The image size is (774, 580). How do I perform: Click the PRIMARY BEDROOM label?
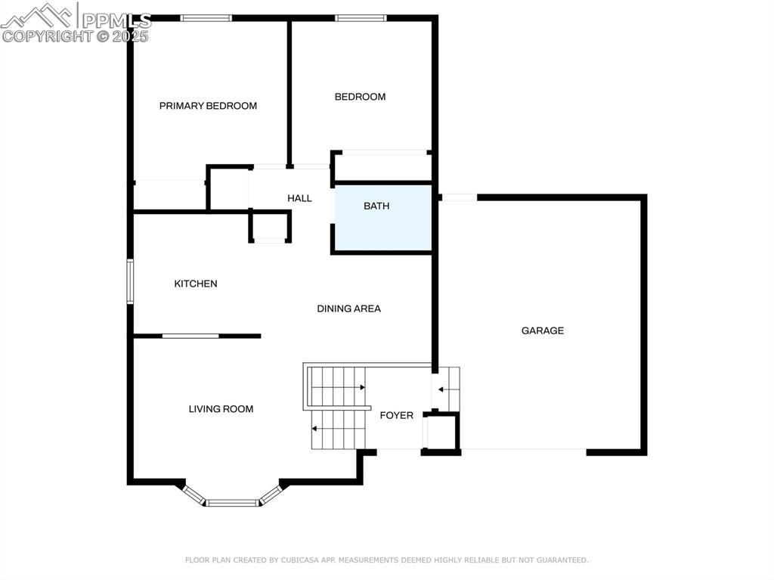pyautogui.click(x=208, y=106)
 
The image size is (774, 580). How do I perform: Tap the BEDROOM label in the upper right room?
pyautogui.click(x=360, y=97)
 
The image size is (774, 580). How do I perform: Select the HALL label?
pyautogui.click(x=299, y=198)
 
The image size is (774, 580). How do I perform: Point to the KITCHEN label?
pyautogui.click(x=196, y=284)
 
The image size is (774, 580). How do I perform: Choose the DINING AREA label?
pyautogui.click(x=348, y=309)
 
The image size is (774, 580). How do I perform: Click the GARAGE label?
pyautogui.click(x=542, y=330)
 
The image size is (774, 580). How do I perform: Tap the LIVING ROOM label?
pyautogui.click(x=221, y=409)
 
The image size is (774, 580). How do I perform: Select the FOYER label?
pyautogui.click(x=396, y=415)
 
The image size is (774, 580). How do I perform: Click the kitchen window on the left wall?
pyautogui.click(x=130, y=281)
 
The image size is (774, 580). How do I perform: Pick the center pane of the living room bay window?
pyautogui.click(x=234, y=502)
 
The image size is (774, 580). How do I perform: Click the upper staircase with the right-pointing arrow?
pyautogui.click(x=337, y=386)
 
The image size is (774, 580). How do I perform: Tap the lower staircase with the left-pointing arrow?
pyautogui.click(x=339, y=430)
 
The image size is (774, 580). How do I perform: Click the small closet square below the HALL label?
pyautogui.click(x=270, y=227)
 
